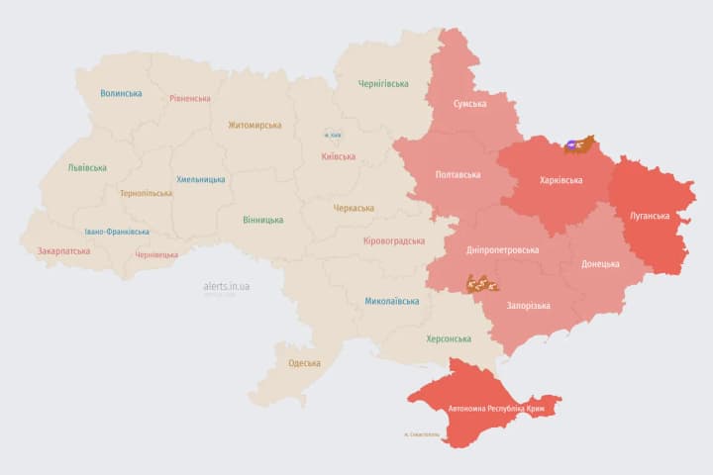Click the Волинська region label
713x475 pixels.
(121, 94)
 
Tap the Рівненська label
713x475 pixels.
(190, 99)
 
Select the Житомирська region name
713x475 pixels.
(255, 126)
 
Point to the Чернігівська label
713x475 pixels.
(382, 84)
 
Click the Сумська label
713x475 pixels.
(469, 104)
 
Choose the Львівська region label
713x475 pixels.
(87, 168)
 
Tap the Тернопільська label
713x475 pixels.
(145, 194)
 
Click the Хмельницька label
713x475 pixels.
(200, 180)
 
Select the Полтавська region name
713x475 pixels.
(458, 175)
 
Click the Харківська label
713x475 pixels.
(560, 181)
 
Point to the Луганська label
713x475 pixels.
(650, 216)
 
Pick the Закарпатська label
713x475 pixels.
(63, 251)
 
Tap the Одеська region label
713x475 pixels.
(304, 363)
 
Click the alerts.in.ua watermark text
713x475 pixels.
(226, 286)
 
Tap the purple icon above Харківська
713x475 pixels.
(572, 145)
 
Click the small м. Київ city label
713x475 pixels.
(335, 135)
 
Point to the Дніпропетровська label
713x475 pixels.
(502, 250)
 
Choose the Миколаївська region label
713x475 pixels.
(391, 301)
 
